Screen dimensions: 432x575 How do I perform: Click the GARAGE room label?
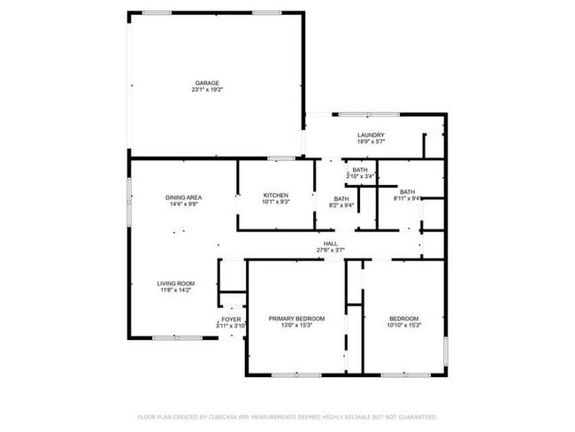point(207,83)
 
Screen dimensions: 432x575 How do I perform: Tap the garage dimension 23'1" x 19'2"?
point(207,89)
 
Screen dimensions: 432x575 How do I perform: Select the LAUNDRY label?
point(371,135)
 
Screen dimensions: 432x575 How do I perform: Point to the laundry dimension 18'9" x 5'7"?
point(371,142)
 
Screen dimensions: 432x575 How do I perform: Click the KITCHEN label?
point(276,196)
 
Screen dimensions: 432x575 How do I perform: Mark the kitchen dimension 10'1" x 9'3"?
point(276,202)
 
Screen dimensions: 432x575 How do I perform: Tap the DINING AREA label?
point(184,197)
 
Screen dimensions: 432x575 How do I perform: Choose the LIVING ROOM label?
point(176,283)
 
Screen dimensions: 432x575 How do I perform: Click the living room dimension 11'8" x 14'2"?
point(176,289)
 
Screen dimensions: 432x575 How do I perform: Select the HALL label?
point(330,243)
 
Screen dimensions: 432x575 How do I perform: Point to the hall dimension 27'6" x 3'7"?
point(330,250)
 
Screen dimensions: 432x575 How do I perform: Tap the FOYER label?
point(231,319)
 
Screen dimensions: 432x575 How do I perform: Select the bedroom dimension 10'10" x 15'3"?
point(404,325)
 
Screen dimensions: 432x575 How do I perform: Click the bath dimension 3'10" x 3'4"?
point(360,176)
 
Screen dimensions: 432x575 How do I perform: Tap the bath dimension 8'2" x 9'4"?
point(341,205)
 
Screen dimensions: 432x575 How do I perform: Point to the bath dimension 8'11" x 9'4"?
point(407,198)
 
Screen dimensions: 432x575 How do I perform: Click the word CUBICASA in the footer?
point(225,416)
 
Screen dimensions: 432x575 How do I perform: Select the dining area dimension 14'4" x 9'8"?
point(184,204)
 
